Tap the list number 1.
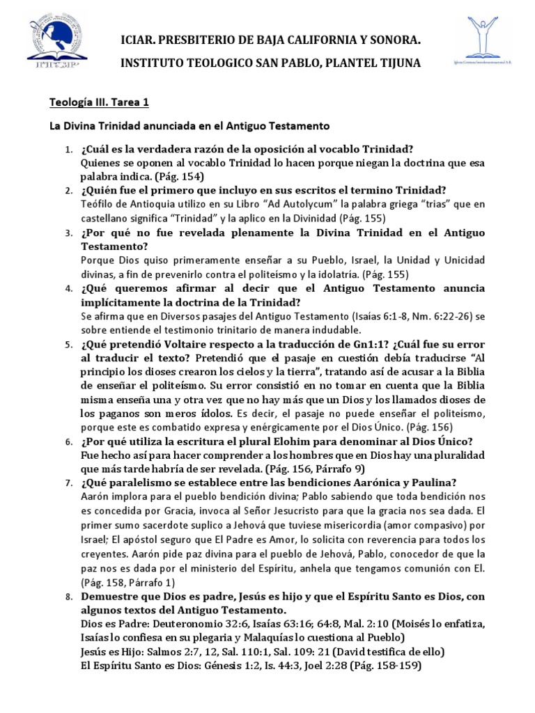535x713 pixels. pyautogui.click(x=68, y=150)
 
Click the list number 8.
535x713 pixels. pyautogui.click(x=68, y=597)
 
